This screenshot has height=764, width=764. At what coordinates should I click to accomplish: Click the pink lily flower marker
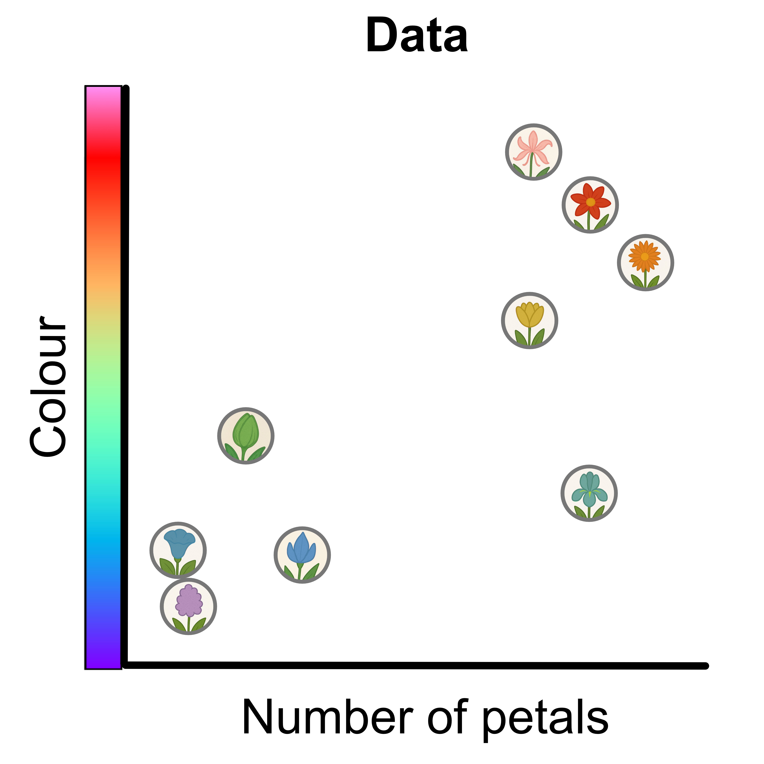click(533, 152)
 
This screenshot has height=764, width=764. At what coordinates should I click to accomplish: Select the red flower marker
click(590, 205)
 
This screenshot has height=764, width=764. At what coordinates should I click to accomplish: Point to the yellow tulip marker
click(530, 320)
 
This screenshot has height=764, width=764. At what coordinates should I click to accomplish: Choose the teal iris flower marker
click(589, 493)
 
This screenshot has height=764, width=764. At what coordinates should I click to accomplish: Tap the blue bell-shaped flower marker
click(178, 550)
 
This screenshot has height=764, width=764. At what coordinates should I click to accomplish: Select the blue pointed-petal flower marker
click(302, 555)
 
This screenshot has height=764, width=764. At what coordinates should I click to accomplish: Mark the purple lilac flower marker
click(188, 606)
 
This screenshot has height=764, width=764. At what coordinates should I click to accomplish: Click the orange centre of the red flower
click(590, 202)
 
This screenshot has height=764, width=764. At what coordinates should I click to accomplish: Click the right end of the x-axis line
click(705, 666)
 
